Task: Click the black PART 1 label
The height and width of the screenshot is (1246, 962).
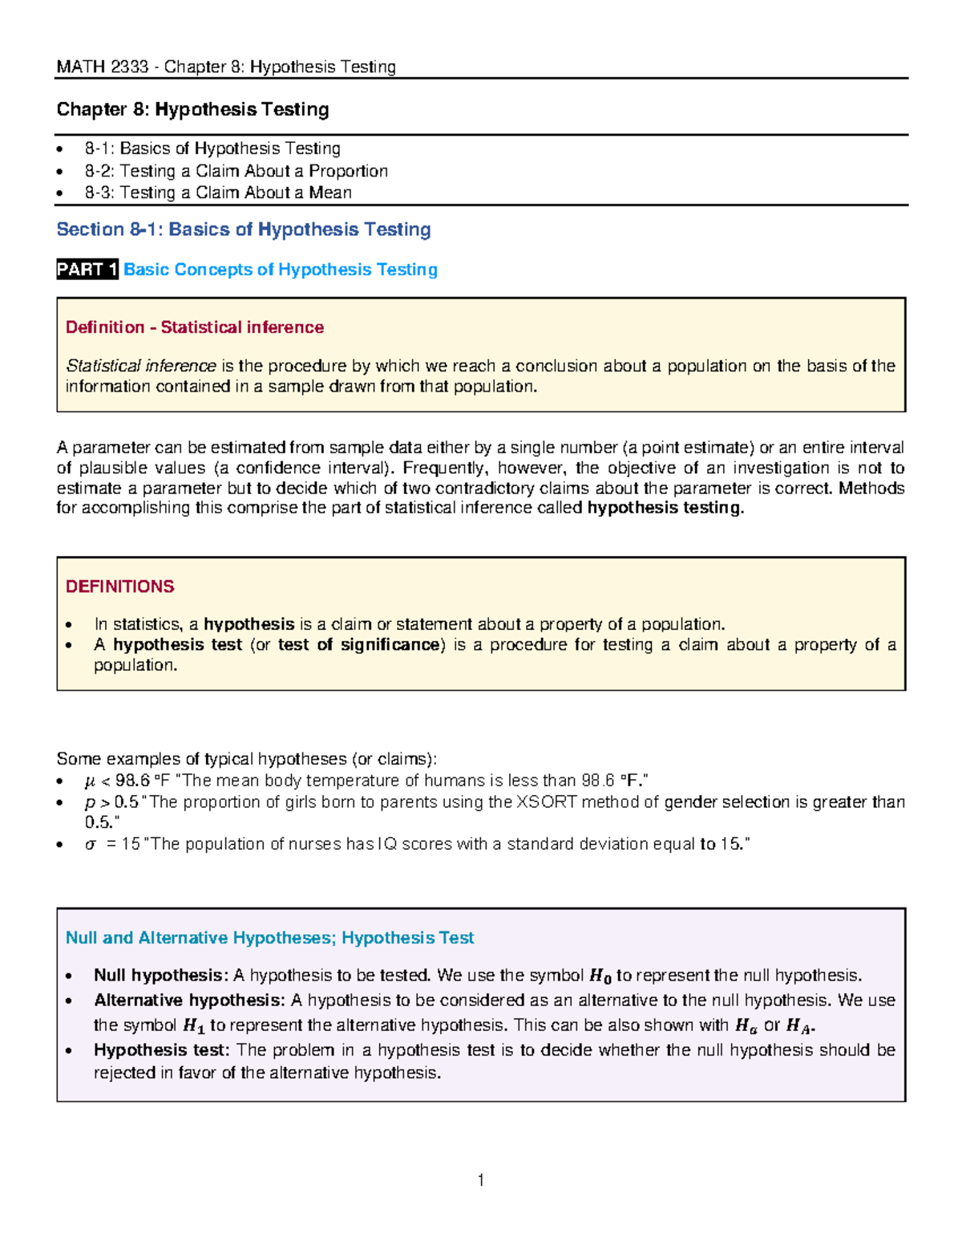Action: click(87, 270)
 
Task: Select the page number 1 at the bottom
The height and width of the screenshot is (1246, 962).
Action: click(480, 1179)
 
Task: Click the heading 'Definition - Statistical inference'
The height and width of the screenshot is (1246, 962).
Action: click(194, 327)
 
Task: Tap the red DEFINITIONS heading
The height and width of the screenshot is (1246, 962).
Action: click(119, 586)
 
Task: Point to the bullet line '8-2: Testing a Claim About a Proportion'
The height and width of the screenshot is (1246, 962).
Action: click(236, 171)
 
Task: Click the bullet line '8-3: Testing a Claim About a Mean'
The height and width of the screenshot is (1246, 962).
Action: click(218, 193)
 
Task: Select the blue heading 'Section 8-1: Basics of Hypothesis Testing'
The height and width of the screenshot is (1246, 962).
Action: click(243, 229)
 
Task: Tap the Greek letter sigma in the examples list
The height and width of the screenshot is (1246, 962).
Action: click(91, 844)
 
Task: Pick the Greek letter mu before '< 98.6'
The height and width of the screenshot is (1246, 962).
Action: click(90, 781)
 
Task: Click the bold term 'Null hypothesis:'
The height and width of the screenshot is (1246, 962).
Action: click(161, 976)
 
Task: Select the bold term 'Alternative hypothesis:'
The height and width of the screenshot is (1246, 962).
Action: click(189, 1000)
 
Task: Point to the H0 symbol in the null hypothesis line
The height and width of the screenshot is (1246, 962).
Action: click(600, 976)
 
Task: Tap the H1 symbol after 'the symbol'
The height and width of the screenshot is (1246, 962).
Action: click(193, 1025)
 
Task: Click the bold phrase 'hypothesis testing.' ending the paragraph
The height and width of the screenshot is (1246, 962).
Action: click(665, 508)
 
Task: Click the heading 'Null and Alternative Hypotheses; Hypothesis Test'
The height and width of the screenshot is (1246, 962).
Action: click(269, 938)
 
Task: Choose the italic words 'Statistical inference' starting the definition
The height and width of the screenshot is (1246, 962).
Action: click(140, 366)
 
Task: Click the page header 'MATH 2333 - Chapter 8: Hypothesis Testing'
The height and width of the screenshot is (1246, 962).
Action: click(226, 67)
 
